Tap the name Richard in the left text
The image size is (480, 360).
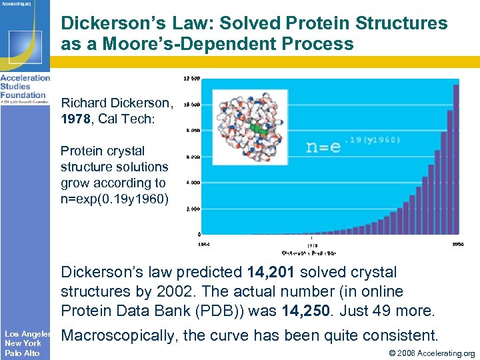pos(86,103)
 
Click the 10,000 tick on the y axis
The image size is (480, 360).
pos(192,105)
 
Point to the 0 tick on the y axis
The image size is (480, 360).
pos(199,235)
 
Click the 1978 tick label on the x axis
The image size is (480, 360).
pos(312,244)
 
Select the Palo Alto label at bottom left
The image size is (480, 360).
pos(23,353)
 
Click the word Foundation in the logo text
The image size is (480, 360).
pos(23,94)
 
